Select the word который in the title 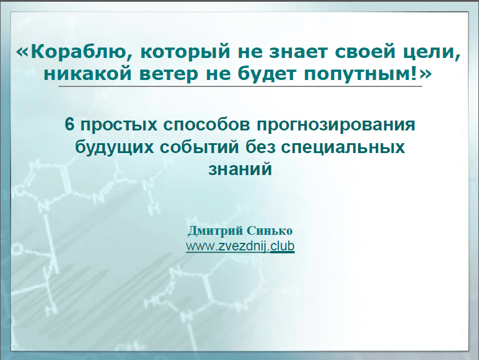(185, 51)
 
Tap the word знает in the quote (298, 52)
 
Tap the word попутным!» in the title (368, 74)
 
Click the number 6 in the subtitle (70, 125)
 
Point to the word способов (206, 125)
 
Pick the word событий (199, 147)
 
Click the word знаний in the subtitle (240, 169)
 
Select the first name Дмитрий (215, 231)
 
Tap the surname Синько (270, 231)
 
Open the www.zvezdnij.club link (240, 246)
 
